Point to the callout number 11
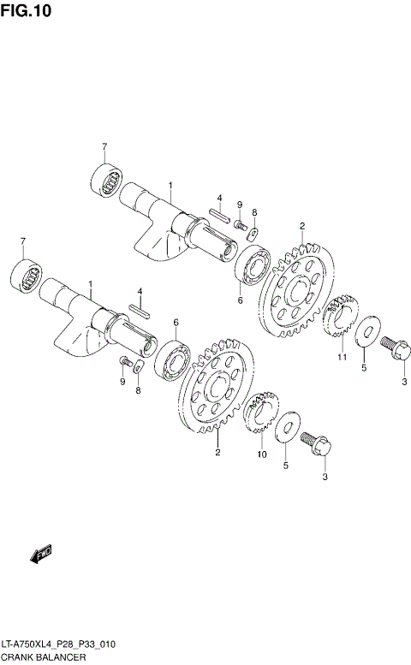[341, 357]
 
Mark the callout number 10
[262, 454]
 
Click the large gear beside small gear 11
[296, 291]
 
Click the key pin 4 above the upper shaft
[219, 216]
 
